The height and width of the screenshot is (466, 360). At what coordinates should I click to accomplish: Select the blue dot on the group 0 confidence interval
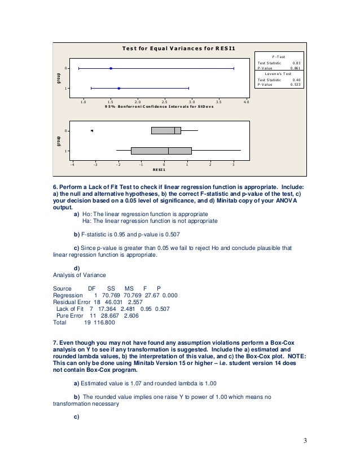[111, 68]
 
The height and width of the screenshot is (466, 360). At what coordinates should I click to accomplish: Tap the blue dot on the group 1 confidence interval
[118, 89]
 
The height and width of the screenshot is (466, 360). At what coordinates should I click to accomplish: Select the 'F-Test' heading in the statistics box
[279, 56]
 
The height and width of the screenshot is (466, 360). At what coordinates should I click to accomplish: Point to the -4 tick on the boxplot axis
[72, 164]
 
